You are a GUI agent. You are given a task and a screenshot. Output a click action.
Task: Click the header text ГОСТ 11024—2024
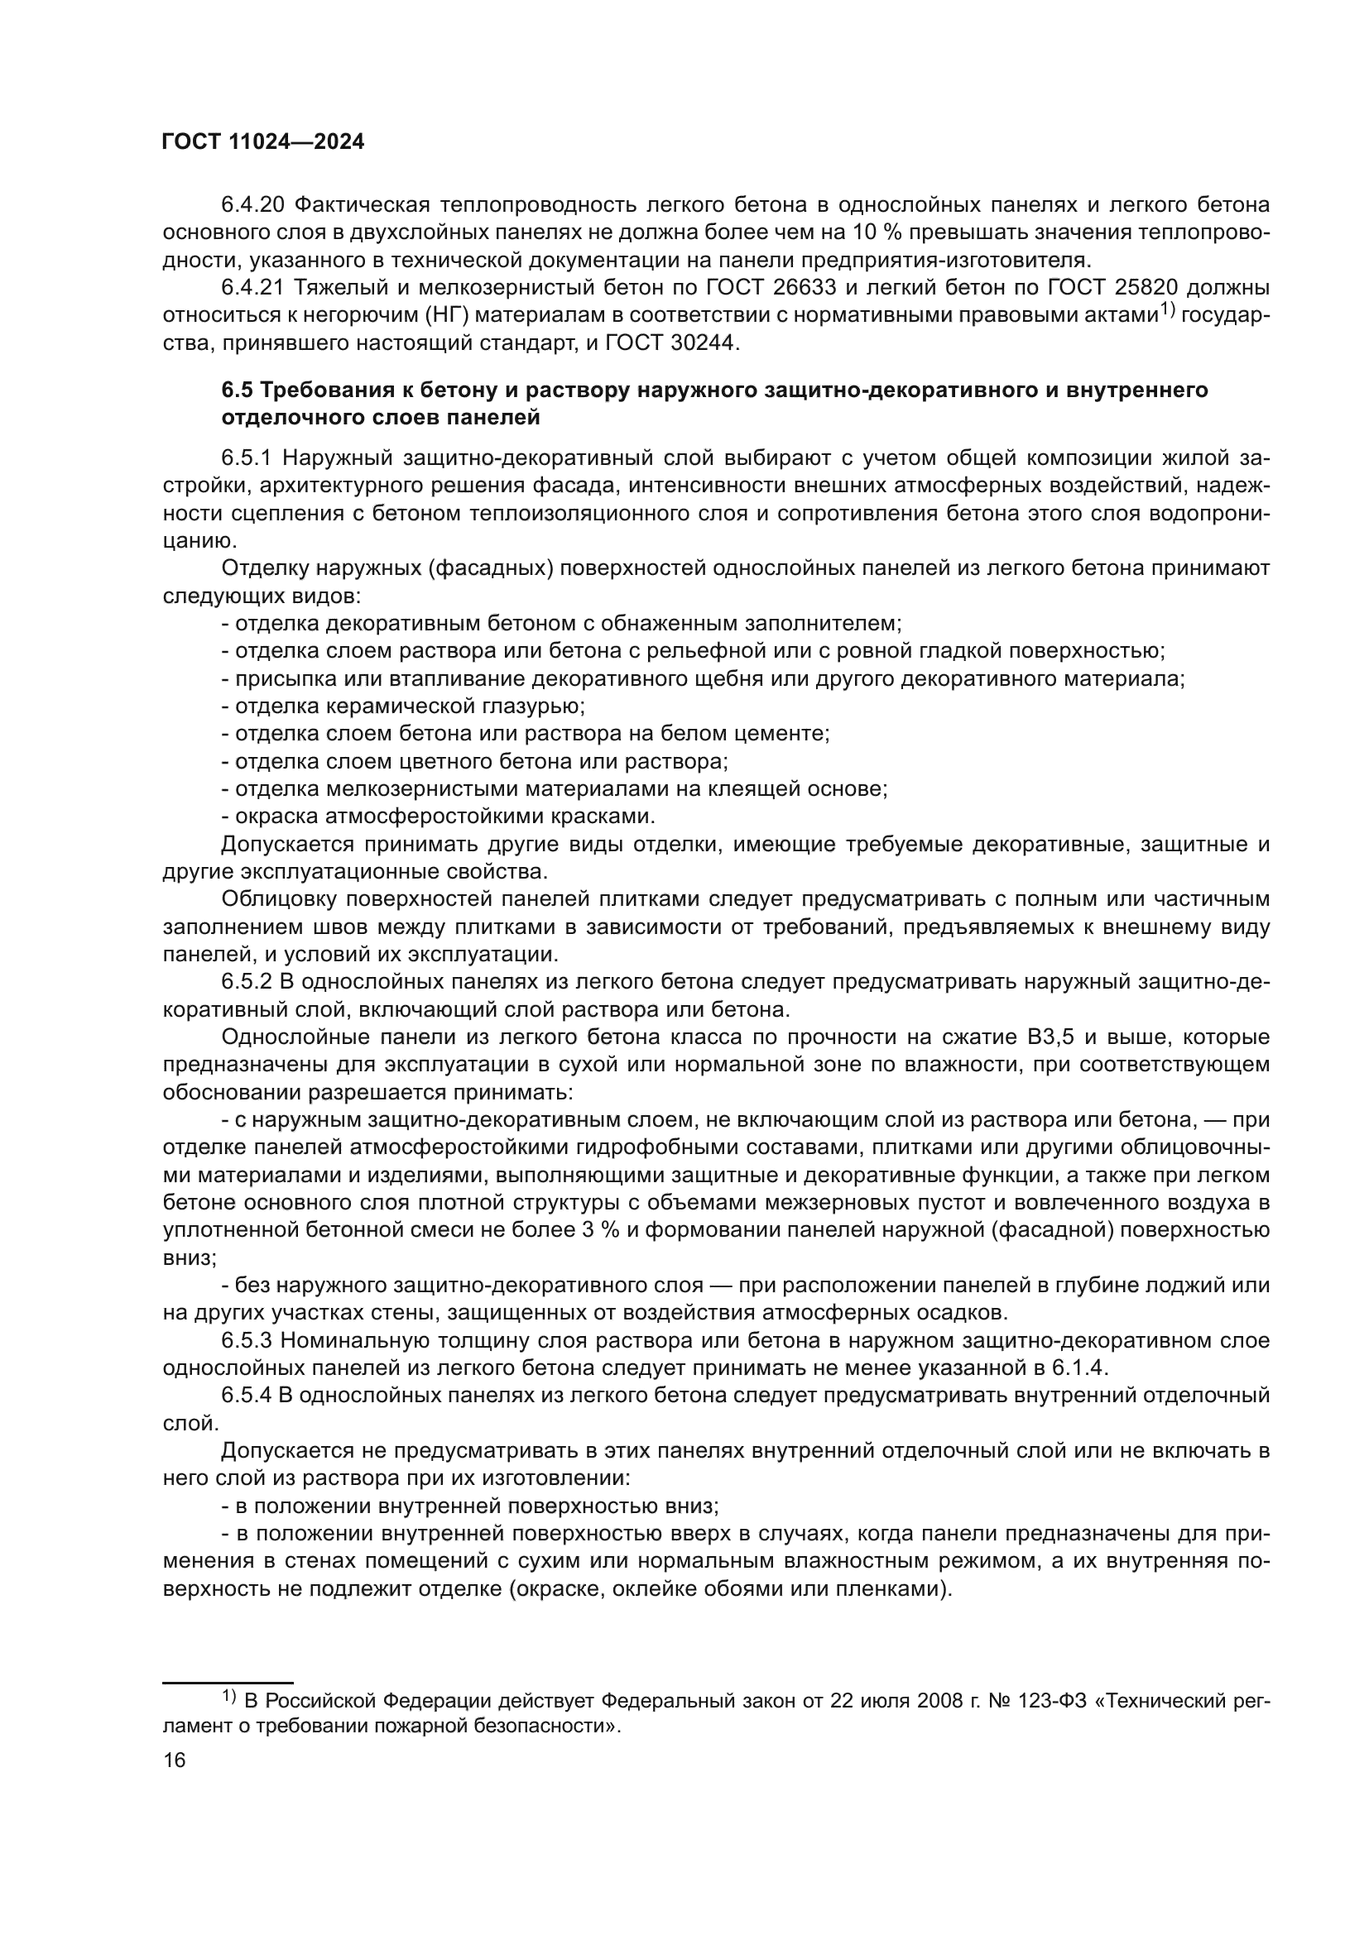tap(262, 142)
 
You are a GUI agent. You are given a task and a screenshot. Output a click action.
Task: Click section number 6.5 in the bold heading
tap(238, 390)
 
